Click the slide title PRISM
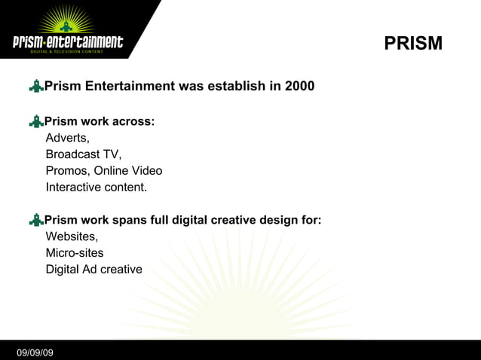tap(413, 44)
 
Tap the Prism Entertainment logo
tap(68, 33)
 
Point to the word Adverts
tap(67, 138)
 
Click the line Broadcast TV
tap(83, 154)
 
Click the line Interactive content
tap(97, 188)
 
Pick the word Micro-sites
tap(75, 253)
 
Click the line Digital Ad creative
tap(93, 270)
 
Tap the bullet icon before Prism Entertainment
tap(35, 87)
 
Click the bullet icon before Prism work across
tap(35, 121)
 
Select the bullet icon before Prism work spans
tap(35, 221)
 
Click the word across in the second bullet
tap(133, 121)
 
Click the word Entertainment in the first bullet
tap(128, 86)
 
